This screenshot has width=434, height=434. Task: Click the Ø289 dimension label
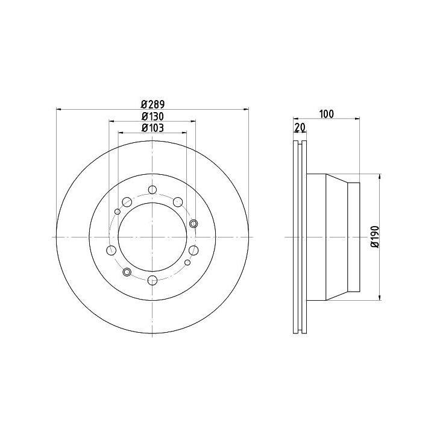coord(153,104)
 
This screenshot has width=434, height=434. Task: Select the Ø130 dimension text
coord(153,116)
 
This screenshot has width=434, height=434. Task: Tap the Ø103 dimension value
coord(153,128)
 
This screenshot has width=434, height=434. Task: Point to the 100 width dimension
coord(327,114)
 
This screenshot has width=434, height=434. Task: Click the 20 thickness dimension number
coord(300,127)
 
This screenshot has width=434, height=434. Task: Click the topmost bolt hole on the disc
coord(153,190)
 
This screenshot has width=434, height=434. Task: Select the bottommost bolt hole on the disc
coord(153,280)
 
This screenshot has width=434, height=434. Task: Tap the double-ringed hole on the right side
coord(193,224)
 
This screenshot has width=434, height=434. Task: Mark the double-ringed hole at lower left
coord(127,272)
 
